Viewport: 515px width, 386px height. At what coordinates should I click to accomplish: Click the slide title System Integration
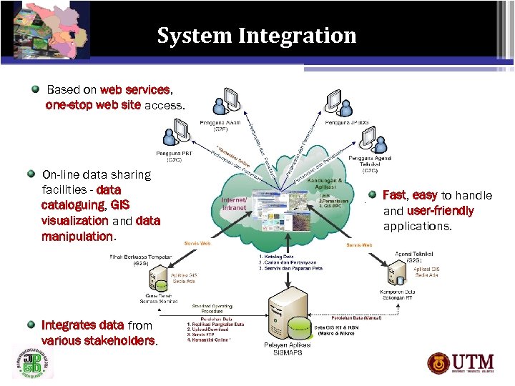pyautogui.click(x=257, y=35)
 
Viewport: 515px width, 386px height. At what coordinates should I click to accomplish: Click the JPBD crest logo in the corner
pyautogui.click(x=32, y=362)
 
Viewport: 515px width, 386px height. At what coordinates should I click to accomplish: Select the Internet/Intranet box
pyautogui.click(x=235, y=204)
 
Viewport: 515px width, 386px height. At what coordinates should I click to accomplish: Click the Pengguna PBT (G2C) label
pyautogui.click(x=174, y=157)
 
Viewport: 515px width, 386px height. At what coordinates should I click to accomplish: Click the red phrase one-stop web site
pyautogui.click(x=93, y=105)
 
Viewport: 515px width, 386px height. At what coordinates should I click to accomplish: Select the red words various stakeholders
pyautogui.click(x=98, y=340)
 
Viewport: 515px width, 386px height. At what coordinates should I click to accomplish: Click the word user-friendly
pyautogui.click(x=440, y=211)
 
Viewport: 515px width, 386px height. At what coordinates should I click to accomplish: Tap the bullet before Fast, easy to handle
pyautogui.click(x=372, y=194)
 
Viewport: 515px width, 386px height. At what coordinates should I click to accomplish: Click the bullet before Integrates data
pyautogui.click(x=31, y=324)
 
